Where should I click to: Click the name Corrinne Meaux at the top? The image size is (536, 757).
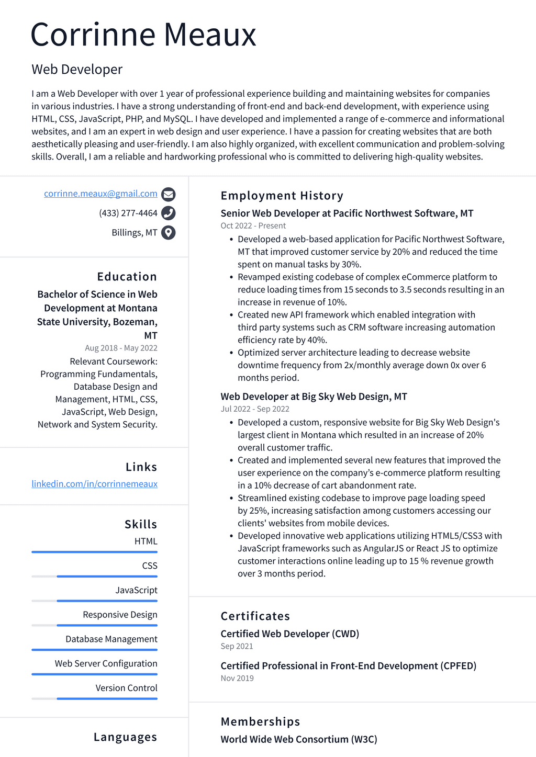click(x=143, y=35)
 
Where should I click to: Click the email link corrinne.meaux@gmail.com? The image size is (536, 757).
click(x=100, y=194)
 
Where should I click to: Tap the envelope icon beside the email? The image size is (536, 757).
click(x=168, y=195)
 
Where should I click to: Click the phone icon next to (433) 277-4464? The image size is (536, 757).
click(x=168, y=213)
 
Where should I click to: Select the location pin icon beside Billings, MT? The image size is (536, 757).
click(x=168, y=233)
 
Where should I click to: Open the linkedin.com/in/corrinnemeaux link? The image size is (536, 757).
click(x=94, y=484)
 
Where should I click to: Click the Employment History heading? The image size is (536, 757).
click(x=282, y=196)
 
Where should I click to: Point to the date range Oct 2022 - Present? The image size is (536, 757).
click(x=253, y=226)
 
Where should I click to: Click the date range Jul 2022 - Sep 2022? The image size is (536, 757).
click(x=254, y=409)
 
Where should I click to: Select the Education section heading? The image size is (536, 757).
click(x=127, y=277)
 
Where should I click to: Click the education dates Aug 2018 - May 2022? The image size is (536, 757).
click(x=121, y=348)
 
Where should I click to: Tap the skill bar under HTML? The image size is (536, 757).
click(x=94, y=552)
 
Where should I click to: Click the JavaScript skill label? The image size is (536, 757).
click(x=136, y=590)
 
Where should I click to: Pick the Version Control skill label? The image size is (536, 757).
click(x=126, y=688)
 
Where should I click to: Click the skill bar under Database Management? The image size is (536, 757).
click(x=94, y=650)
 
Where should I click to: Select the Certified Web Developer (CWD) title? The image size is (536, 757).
click(x=289, y=634)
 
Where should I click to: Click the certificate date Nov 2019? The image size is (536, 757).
click(x=237, y=679)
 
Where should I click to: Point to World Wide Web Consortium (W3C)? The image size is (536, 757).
click(x=298, y=739)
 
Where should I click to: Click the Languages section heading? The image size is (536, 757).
click(x=125, y=737)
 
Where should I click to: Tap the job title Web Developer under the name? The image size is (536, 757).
click(x=77, y=70)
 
